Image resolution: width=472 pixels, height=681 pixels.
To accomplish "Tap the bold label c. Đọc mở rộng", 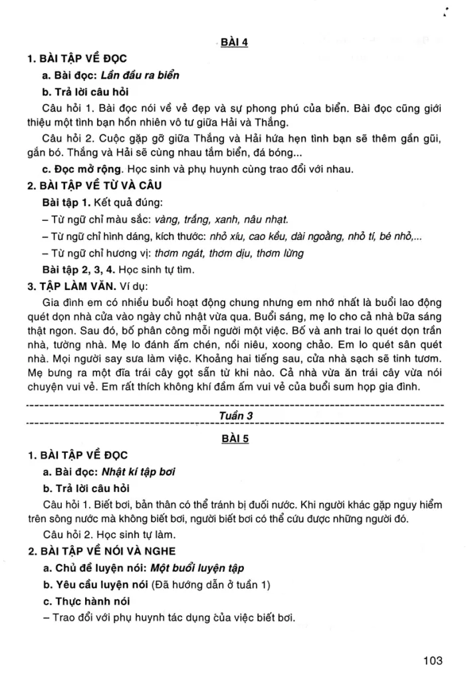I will (79, 169).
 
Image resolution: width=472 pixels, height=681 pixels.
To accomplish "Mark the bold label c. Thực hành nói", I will (83, 602).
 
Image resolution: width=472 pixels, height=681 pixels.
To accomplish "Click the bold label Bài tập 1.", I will (63, 202).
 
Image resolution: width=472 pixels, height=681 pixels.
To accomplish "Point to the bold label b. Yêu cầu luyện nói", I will (94, 585).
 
